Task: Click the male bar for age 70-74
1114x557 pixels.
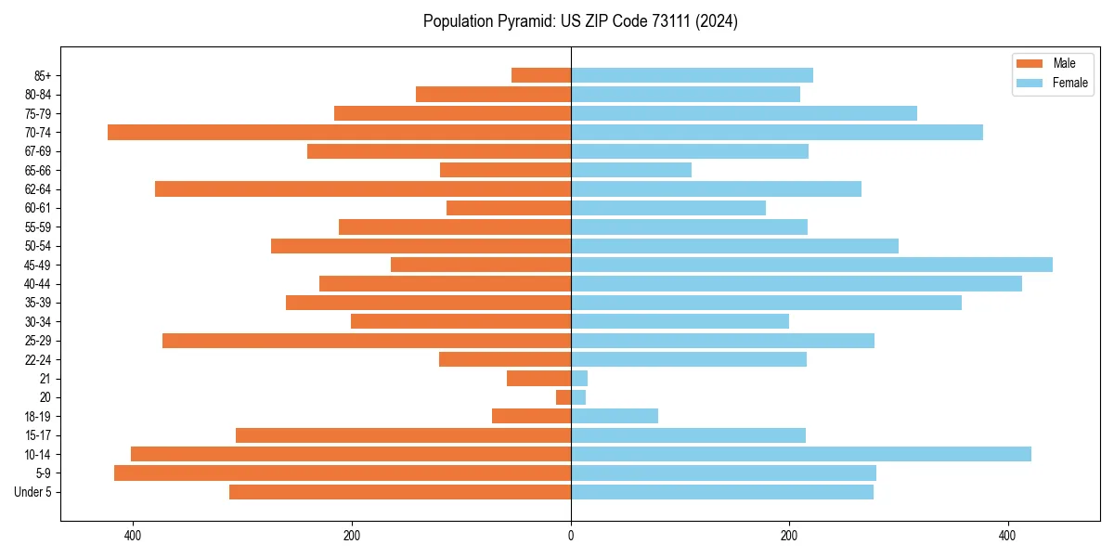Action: [339, 133]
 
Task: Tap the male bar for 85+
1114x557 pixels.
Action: [541, 75]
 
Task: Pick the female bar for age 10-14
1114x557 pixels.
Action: [800, 454]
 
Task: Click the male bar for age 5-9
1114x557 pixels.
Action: [343, 473]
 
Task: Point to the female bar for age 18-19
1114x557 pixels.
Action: [615, 416]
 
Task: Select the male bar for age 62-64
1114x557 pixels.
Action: [363, 189]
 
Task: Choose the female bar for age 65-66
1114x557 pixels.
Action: [631, 170]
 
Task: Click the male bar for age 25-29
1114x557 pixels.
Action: [367, 341]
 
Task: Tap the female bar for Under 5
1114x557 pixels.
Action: [722, 492]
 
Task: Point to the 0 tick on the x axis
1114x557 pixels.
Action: [571, 536]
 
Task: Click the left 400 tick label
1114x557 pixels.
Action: [133, 536]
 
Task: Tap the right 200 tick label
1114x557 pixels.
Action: [789, 536]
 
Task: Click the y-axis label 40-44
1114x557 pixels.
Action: [37, 284]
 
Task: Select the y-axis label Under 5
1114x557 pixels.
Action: [33, 492]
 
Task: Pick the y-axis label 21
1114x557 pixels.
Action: [45, 379]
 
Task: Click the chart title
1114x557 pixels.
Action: [580, 21]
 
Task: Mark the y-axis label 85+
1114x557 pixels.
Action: [41, 75]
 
